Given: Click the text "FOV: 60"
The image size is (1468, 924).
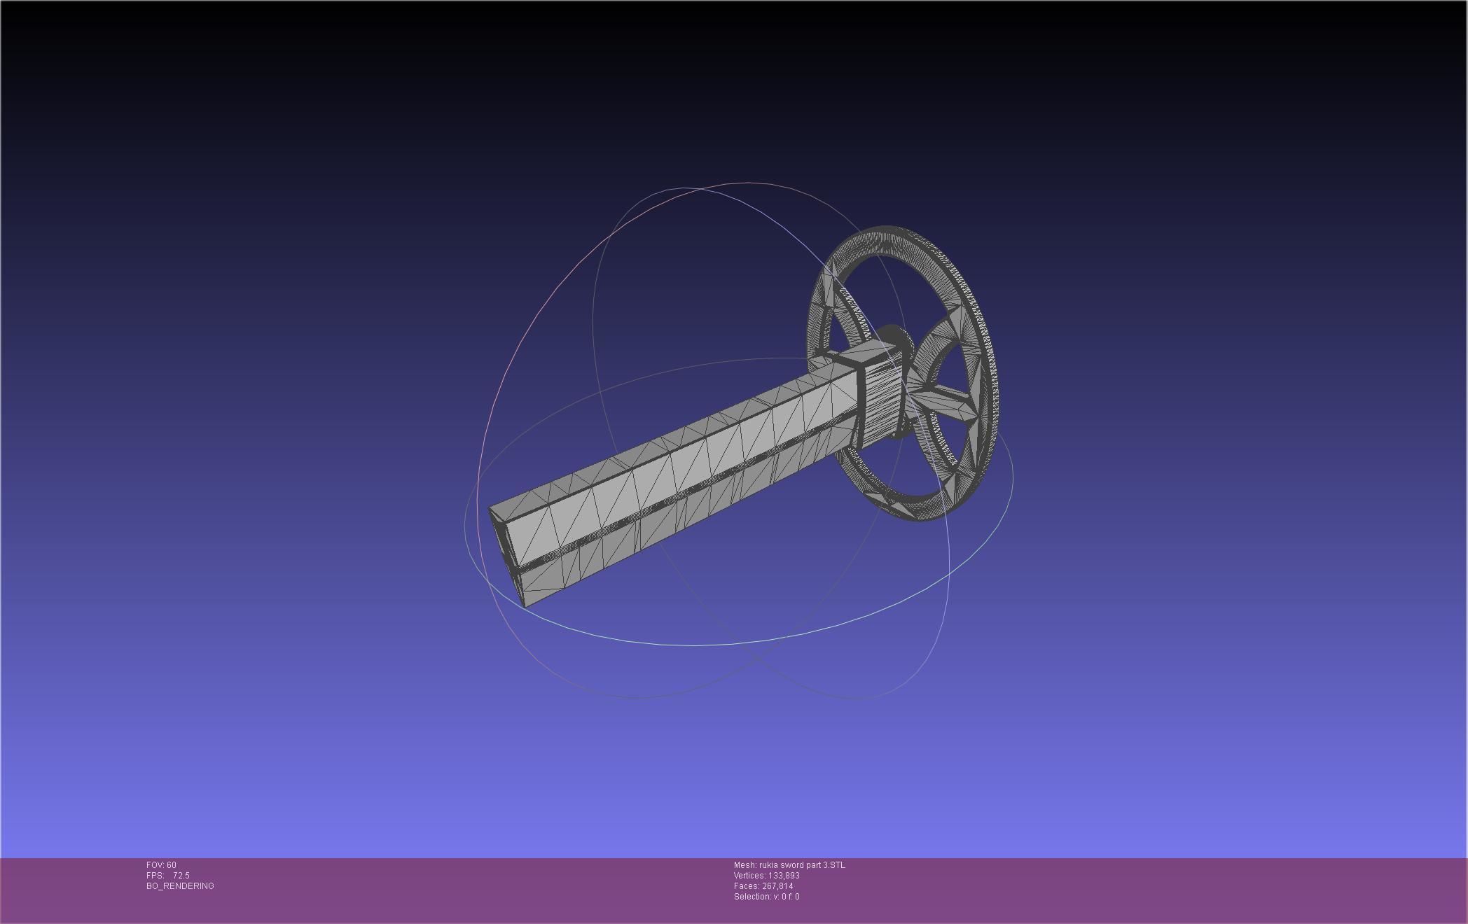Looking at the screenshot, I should [x=161, y=865].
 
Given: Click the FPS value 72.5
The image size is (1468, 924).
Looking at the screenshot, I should [x=181, y=876].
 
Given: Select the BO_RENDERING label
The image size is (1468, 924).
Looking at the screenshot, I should [x=180, y=886].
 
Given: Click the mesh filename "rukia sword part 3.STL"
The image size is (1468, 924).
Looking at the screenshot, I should [x=802, y=865].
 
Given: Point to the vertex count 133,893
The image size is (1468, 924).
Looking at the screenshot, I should [x=784, y=876].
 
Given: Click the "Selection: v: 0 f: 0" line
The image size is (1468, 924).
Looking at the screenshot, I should [x=766, y=897].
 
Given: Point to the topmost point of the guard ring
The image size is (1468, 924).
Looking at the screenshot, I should [x=888, y=227].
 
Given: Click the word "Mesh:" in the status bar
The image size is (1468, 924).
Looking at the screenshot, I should [x=745, y=865].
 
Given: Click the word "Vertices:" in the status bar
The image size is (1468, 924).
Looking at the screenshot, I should [x=750, y=876].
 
